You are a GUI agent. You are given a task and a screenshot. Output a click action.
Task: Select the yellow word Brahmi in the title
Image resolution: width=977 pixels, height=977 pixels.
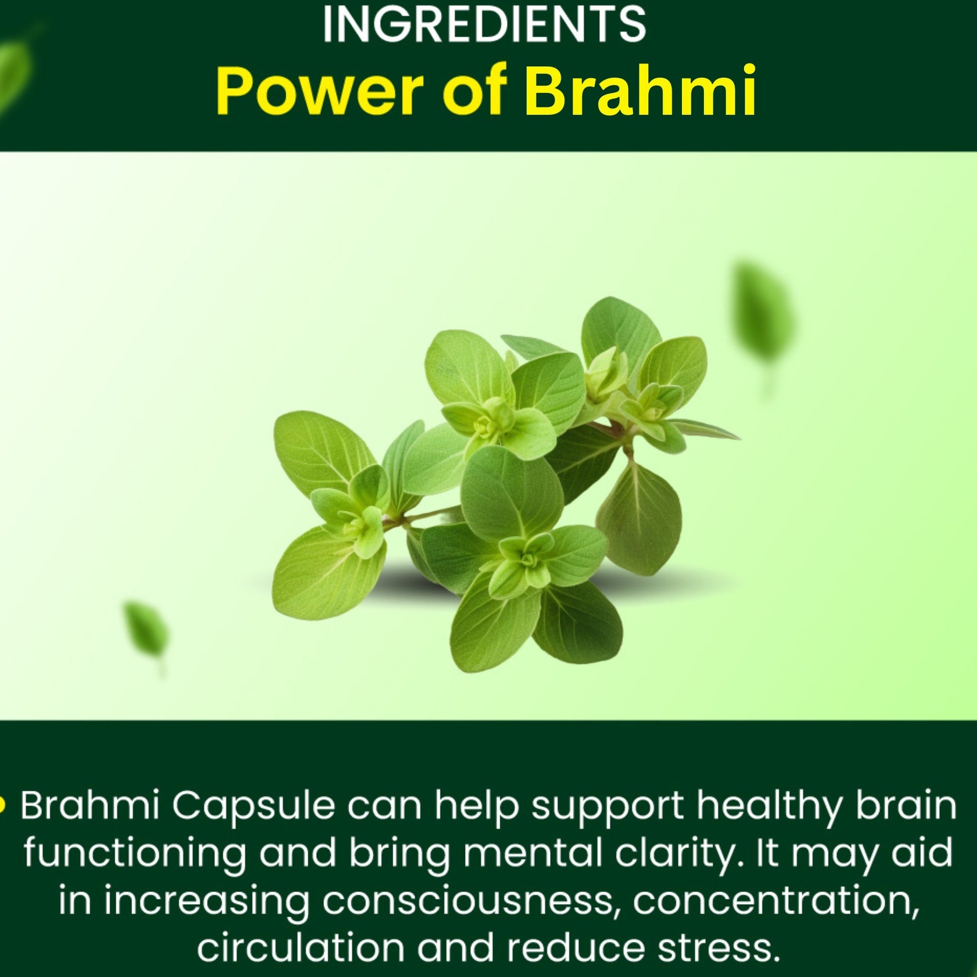pos(640,91)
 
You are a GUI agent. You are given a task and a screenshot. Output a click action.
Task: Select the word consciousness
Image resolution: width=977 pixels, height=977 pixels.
pos(468,900)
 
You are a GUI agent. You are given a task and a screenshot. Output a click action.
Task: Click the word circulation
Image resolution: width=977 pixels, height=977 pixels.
pos(301,946)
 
